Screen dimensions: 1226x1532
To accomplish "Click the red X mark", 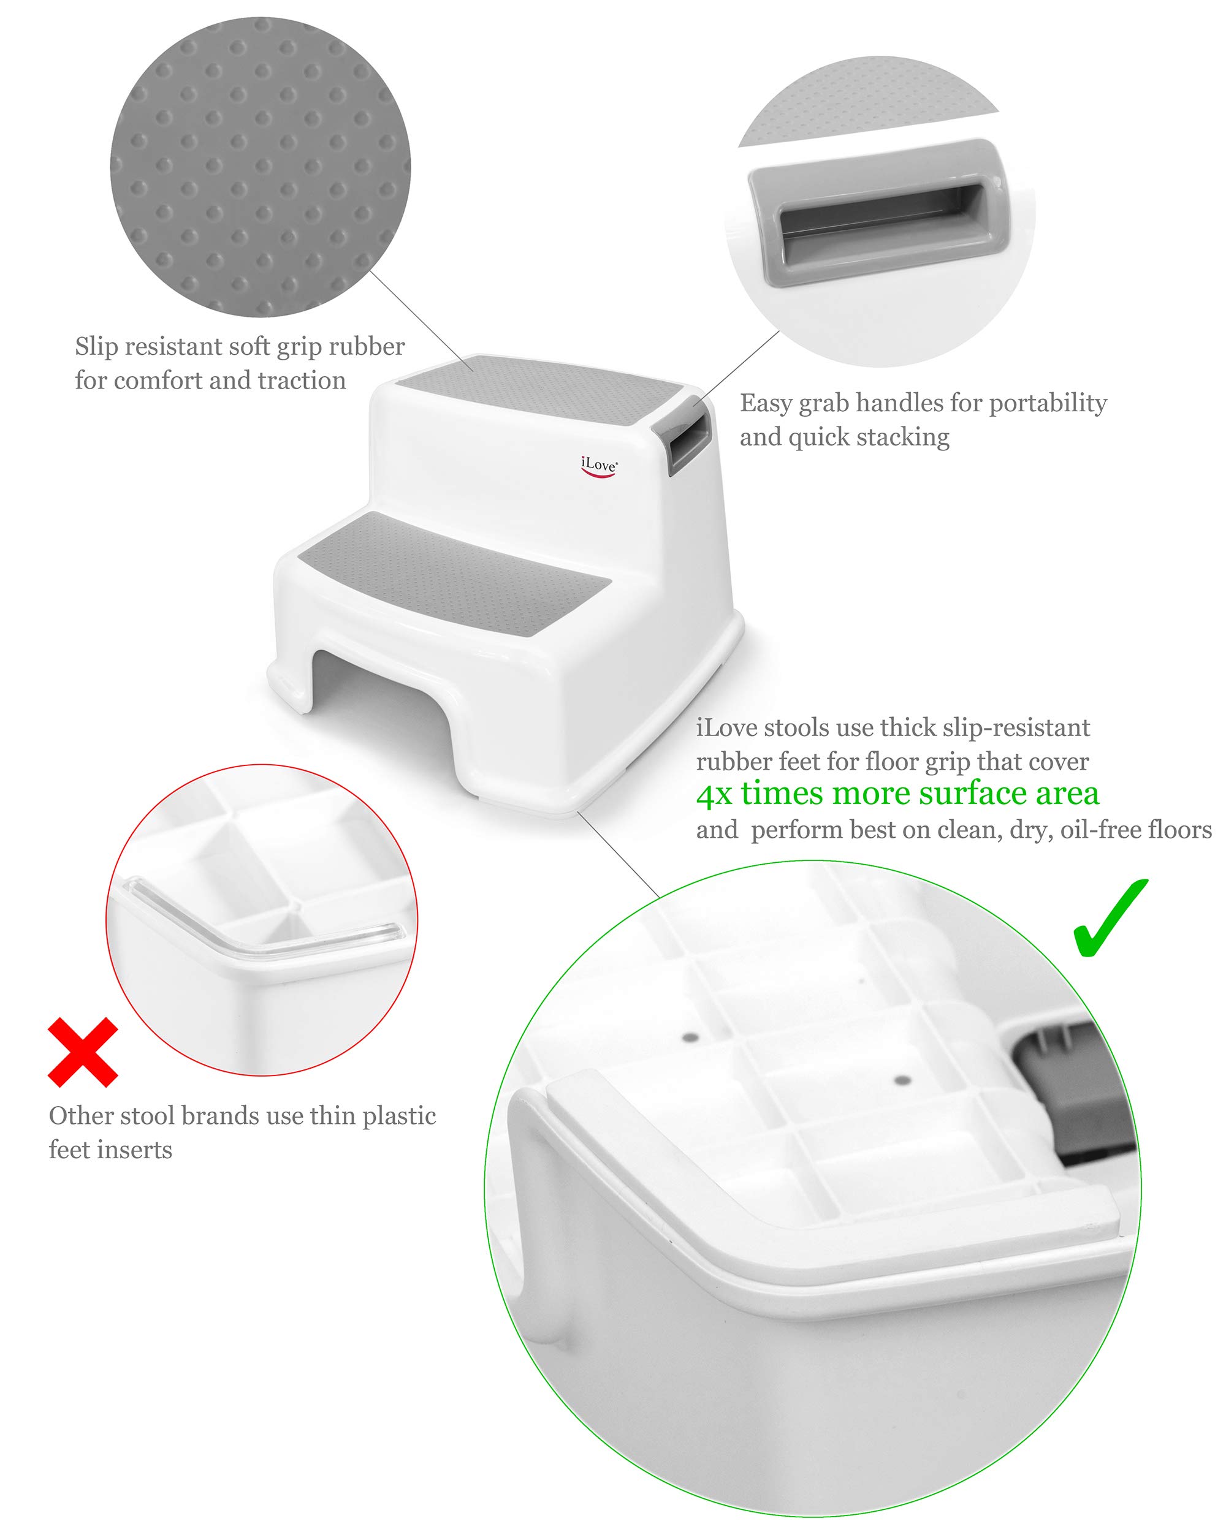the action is [x=82, y=1052].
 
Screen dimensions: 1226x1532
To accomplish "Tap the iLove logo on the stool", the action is [x=598, y=466].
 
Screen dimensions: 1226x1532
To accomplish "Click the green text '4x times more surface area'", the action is [x=897, y=794].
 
